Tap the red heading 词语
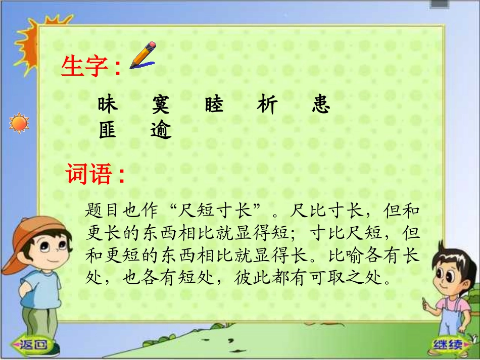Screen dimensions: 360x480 point(89,175)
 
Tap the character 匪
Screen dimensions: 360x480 point(108,130)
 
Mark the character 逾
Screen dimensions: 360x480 point(161,130)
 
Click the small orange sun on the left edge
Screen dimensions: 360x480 point(19,123)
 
